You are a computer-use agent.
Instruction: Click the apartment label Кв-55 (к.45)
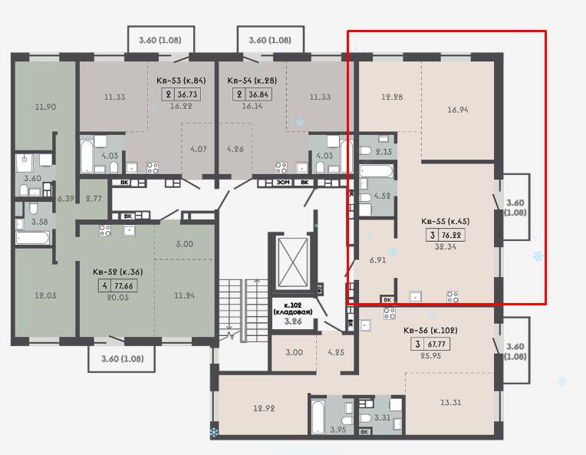click(x=445, y=221)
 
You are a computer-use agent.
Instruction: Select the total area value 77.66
click(x=123, y=286)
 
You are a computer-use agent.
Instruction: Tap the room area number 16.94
click(x=458, y=110)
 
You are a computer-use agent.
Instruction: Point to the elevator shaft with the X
click(x=293, y=262)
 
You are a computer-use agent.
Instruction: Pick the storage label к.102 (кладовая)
click(x=293, y=308)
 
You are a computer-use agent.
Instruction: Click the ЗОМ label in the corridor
click(x=282, y=183)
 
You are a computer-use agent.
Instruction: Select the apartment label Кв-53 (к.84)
click(x=181, y=81)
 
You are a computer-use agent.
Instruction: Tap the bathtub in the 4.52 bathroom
click(x=376, y=172)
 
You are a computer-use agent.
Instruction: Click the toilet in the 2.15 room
click(x=366, y=150)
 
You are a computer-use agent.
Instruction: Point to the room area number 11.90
click(x=45, y=107)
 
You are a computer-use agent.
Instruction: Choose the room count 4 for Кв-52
click(x=105, y=286)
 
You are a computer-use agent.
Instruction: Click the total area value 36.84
click(x=258, y=94)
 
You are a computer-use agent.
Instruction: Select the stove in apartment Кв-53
click(x=153, y=168)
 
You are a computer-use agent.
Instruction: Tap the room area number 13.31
click(x=450, y=403)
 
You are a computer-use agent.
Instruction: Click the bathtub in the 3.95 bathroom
click(x=318, y=417)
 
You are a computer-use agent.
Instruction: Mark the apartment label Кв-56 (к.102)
click(x=430, y=331)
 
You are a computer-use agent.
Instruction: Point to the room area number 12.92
click(x=264, y=408)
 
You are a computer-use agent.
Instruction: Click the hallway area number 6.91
click(x=377, y=260)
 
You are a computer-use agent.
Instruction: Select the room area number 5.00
click(x=185, y=244)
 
